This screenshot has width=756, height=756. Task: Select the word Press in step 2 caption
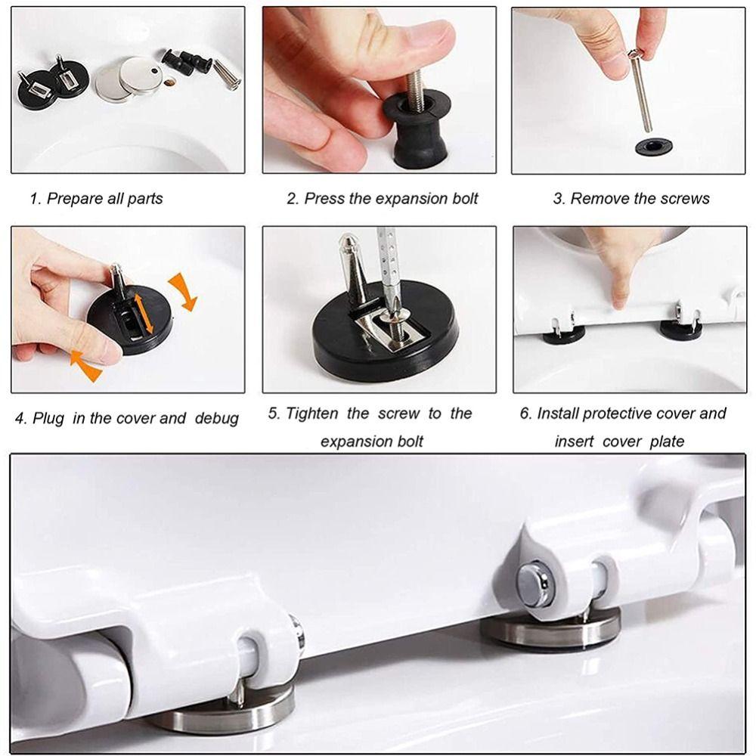(x=323, y=199)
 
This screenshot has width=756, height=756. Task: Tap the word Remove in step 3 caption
(x=597, y=199)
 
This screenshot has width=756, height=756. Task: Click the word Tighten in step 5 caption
(x=313, y=414)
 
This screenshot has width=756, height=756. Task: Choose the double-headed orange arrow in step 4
(x=141, y=314)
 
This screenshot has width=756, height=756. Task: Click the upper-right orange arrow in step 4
(x=183, y=293)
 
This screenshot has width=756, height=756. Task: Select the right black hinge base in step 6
(x=680, y=330)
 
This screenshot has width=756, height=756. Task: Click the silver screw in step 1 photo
(x=225, y=73)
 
